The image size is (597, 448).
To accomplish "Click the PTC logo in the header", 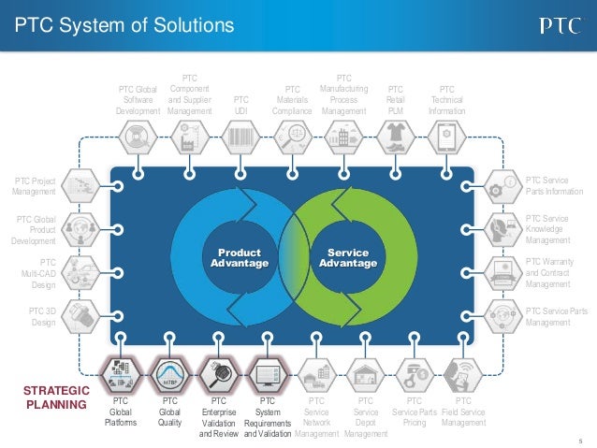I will pyautogui.click(x=559, y=25).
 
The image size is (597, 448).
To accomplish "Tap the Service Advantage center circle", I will pyautogui.click(x=347, y=258).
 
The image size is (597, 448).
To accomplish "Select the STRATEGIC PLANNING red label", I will pyautogui.click(x=55, y=397).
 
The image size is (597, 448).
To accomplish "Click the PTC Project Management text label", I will pyautogui.click(x=33, y=185).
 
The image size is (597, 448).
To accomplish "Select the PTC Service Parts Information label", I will pyautogui.click(x=554, y=185).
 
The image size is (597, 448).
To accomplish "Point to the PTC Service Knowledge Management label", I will pyautogui.click(x=550, y=229).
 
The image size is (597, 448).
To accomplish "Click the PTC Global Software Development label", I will pyautogui.click(x=138, y=99).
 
